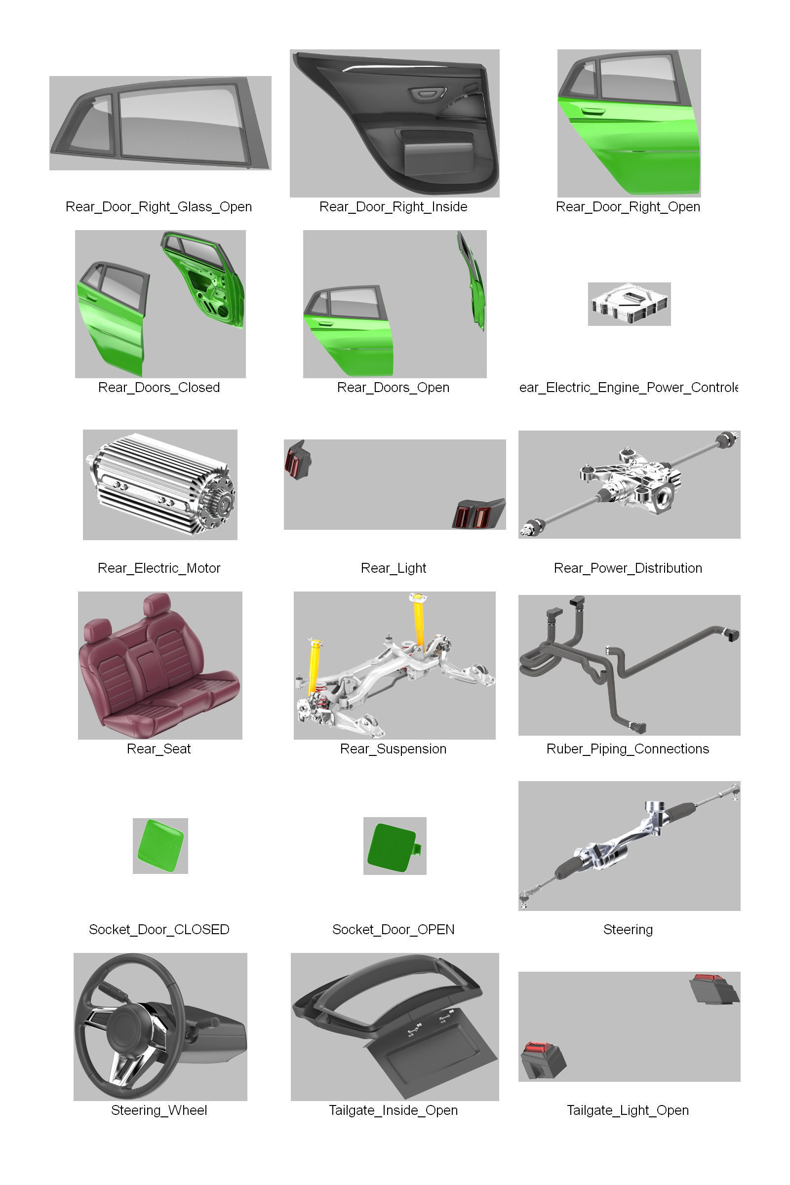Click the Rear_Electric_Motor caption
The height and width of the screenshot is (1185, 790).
click(x=158, y=568)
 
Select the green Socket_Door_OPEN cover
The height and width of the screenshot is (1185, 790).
click(x=392, y=846)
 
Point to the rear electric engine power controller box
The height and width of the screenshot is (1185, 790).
click(x=629, y=303)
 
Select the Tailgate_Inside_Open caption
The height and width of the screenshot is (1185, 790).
click(x=393, y=1110)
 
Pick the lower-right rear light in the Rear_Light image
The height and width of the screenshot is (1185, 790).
click(x=476, y=514)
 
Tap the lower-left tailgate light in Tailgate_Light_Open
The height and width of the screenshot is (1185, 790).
click(x=542, y=1060)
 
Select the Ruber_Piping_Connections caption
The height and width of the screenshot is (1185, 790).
click(x=627, y=749)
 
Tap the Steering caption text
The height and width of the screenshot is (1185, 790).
click(x=628, y=929)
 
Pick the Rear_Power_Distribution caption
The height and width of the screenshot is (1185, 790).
click(x=628, y=568)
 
